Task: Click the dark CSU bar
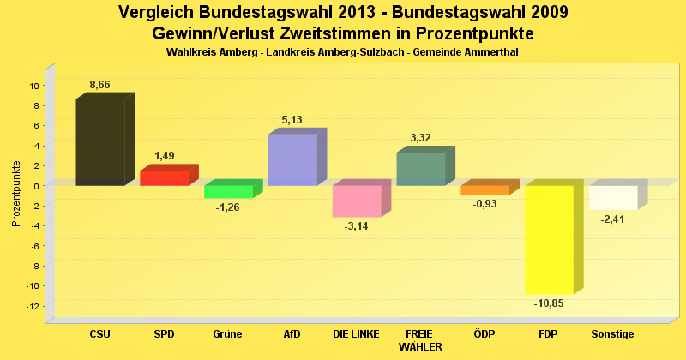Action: click(x=100, y=142)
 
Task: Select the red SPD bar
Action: click(x=164, y=177)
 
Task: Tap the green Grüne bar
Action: click(x=228, y=192)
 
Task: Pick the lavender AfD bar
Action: click(x=292, y=160)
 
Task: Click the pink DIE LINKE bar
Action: click(x=357, y=201)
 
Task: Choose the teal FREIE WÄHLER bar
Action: click(x=420, y=169)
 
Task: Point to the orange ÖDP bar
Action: click(x=484, y=190)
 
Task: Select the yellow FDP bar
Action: click(x=549, y=240)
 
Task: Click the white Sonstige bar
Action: click(x=612, y=198)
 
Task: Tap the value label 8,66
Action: click(x=100, y=85)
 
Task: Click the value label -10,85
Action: click(x=549, y=303)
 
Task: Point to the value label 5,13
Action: click(x=292, y=120)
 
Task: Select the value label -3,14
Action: click(x=356, y=226)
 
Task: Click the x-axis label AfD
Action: click(x=292, y=333)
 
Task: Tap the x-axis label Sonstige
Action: click(x=612, y=333)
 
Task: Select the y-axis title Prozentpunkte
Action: click(x=16, y=194)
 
